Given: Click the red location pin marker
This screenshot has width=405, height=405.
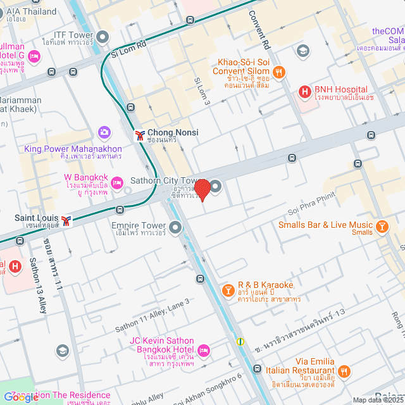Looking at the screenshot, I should pos(202,189).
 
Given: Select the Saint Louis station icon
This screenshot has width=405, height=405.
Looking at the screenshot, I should pos(66,220).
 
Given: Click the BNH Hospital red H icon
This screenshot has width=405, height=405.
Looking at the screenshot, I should pos(305,92).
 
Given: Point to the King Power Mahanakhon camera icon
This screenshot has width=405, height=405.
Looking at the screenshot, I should pos(104,132).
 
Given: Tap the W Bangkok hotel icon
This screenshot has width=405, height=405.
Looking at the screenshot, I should pos(116,183).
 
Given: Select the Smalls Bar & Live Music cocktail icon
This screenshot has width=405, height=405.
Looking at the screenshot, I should pos(382,227).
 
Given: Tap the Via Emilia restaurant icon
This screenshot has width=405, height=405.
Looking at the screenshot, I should pos(344,371).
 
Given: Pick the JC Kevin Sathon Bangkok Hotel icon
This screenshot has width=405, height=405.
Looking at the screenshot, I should pos(203,350).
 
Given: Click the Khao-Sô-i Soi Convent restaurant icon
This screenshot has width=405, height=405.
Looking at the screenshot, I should pos(278,71).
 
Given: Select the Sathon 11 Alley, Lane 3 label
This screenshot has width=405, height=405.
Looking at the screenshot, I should pos(152,316).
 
